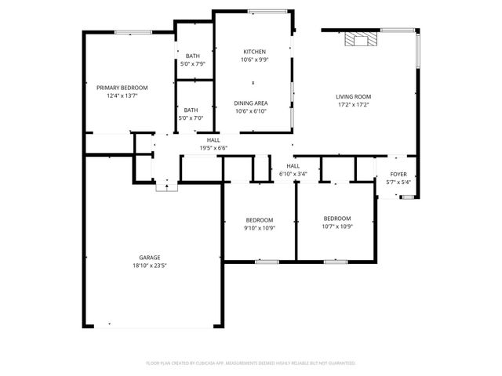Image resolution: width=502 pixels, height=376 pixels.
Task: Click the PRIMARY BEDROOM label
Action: click(122, 88)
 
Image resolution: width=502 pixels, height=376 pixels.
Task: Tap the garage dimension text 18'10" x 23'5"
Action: click(150, 266)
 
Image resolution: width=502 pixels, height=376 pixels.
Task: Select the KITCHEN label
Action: click(254, 52)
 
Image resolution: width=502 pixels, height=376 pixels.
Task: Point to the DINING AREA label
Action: click(252, 103)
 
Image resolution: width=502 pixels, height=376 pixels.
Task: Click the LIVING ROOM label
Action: click(353, 96)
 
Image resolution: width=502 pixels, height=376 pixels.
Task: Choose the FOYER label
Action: click(398, 174)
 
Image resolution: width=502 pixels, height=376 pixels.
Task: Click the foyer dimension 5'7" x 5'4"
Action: click(398, 182)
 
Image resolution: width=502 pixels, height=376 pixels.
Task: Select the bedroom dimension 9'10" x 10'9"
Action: click(259, 228)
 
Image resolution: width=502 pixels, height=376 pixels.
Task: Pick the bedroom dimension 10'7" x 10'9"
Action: click(336, 226)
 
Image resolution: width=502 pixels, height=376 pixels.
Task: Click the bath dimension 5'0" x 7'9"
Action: click(192, 63)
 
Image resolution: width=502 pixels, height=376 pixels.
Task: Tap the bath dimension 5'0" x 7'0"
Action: click(191, 118)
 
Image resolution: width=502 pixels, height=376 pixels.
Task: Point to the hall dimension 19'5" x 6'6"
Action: click(213, 147)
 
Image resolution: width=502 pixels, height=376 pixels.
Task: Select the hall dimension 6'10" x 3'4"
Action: click(293, 174)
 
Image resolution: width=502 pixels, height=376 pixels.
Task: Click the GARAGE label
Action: click(150, 258)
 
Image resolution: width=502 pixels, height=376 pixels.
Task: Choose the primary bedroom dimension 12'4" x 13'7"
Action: click(122, 96)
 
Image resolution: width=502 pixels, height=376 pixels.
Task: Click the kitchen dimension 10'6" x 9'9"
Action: click(254, 60)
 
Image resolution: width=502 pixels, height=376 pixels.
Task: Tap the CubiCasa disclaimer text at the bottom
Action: click(251, 363)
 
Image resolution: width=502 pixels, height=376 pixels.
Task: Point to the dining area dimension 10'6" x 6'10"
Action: click(252, 110)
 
